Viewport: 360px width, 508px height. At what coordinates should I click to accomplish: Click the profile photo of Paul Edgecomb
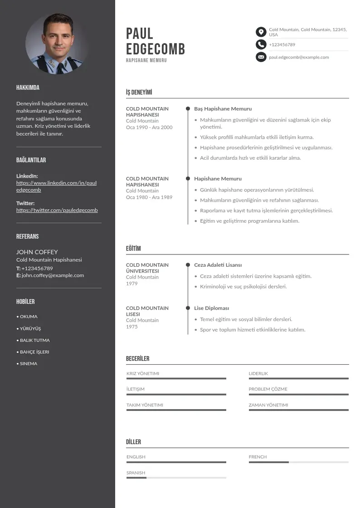[x=57, y=44]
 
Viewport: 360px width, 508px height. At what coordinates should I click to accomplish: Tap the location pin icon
[x=261, y=32]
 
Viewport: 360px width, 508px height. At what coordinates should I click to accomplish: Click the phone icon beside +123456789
[x=261, y=44]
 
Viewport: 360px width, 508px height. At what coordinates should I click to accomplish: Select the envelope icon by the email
[x=261, y=57]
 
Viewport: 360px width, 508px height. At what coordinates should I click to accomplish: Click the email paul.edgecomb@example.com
[x=299, y=57]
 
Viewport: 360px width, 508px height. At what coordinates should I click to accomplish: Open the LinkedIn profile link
[x=56, y=186]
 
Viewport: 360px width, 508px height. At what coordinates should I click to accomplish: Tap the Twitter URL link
[x=57, y=210]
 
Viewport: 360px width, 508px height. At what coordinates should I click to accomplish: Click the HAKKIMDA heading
[x=28, y=88]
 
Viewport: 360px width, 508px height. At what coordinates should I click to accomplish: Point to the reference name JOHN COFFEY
[x=37, y=252]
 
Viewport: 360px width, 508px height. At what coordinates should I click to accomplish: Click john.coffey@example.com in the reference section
[x=53, y=275]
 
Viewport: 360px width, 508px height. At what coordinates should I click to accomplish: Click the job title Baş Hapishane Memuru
[x=223, y=109]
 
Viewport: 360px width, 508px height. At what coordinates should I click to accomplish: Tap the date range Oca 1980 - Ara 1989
[x=149, y=197]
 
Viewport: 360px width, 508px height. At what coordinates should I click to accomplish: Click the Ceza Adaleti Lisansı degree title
[x=218, y=265]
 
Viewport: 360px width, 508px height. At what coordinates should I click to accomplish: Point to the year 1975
[x=131, y=327]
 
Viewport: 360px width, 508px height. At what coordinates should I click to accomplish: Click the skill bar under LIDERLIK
[x=298, y=378]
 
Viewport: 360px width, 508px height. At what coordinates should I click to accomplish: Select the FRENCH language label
[x=258, y=457]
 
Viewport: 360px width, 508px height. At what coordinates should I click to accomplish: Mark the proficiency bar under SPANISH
[x=176, y=478]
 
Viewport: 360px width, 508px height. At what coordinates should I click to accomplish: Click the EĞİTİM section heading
[x=133, y=249]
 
